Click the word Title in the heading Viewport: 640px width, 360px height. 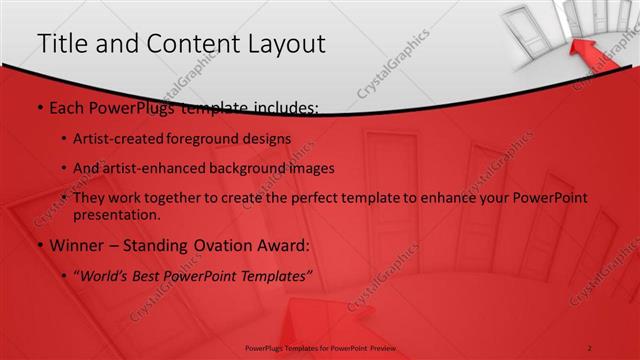[x=63, y=44]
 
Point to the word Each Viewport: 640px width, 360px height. [x=66, y=107]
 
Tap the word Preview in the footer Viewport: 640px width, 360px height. [x=379, y=348]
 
